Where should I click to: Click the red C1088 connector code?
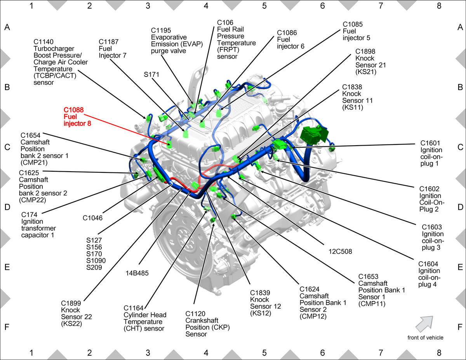pyautogui.click(x=73, y=110)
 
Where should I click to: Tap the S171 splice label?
pyautogui.click(x=151, y=75)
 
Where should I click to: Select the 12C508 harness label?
pyautogui.click(x=340, y=251)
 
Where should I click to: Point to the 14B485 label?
pyautogui.click(x=137, y=273)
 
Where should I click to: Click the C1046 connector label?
pyautogui.click(x=93, y=218)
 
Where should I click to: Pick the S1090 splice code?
pyautogui.click(x=96, y=261)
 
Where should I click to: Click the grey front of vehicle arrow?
pyautogui.click(x=424, y=324)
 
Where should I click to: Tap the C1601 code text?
pyautogui.click(x=430, y=143)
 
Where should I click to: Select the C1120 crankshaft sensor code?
pyautogui.click(x=195, y=314)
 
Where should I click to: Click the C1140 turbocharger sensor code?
pyautogui.click(x=43, y=42)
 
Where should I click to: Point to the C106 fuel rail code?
pyautogui.click(x=225, y=23)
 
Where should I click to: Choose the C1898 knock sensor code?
pyautogui.click(x=365, y=52)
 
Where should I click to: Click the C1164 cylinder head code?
pyautogui.click(x=133, y=308)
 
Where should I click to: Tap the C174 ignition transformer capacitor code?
pyautogui.click(x=29, y=215)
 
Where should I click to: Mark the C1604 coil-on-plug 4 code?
pyautogui.click(x=428, y=264)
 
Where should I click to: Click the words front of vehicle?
pyautogui.click(x=425, y=338)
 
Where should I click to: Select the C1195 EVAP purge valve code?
pyautogui.click(x=161, y=30)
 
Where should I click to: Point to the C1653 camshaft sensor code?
pyautogui.click(x=368, y=277)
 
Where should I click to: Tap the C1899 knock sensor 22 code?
pyautogui.click(x=71, y=303)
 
